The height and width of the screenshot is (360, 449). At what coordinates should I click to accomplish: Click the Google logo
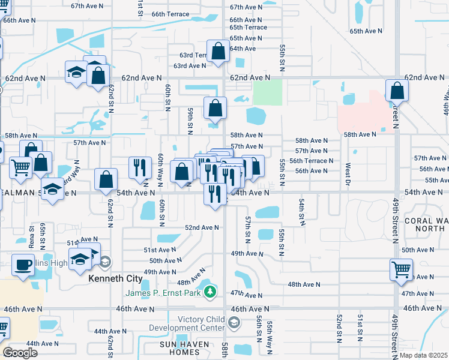pos(20,353)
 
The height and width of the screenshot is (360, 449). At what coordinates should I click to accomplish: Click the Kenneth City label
pos(115,279)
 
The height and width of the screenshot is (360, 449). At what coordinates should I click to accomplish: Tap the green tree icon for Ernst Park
pos(209,292)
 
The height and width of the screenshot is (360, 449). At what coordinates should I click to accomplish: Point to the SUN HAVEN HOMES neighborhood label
pos(184,348)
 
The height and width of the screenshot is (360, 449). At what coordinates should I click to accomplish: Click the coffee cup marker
pos(23,265)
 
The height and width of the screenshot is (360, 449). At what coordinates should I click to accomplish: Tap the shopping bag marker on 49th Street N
pos(397,91)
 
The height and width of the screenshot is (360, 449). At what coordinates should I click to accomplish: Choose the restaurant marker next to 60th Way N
pos(140,167)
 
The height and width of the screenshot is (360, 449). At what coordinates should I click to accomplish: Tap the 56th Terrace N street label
pos(311,161)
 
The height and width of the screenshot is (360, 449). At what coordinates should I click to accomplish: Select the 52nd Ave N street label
pos(202,227)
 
